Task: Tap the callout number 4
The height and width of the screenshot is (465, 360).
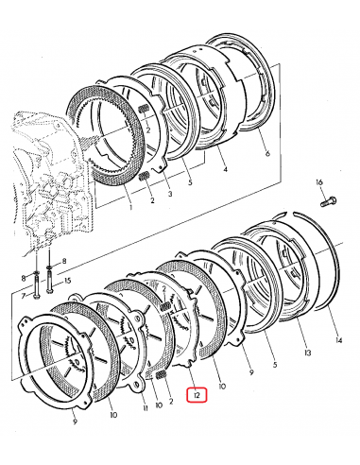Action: click(x=225, y=171)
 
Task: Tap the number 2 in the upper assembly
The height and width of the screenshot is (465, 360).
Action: click(x=149, y=200)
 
